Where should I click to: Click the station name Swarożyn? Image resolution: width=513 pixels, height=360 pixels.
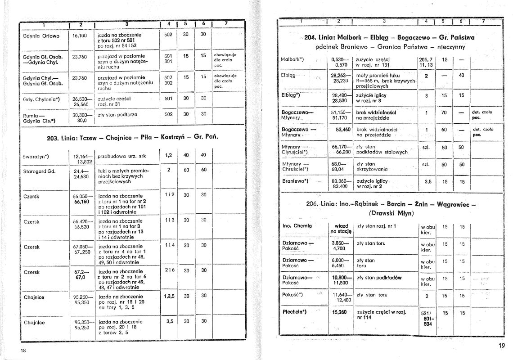(36, 156)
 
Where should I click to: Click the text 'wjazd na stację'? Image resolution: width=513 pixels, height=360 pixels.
(341, 228)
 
